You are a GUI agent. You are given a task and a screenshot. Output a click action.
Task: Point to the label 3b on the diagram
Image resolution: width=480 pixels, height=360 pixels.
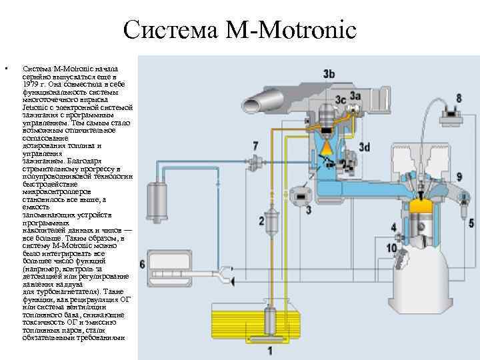329,73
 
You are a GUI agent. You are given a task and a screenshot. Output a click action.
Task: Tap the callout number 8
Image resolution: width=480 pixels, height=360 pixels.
458,99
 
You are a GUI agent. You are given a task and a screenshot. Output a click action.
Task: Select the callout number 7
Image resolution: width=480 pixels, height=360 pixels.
255,145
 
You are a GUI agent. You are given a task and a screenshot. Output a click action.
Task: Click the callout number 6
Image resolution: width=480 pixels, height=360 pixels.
142,265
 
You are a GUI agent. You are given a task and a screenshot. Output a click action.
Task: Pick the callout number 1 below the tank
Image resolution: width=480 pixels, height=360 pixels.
270,350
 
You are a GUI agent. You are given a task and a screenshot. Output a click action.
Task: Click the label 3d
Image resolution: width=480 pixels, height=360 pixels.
365,147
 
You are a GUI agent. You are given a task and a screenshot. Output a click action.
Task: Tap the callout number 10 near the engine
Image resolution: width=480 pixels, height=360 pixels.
391,248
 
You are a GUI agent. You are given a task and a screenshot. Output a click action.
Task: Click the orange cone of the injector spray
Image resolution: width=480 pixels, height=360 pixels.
326,143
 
